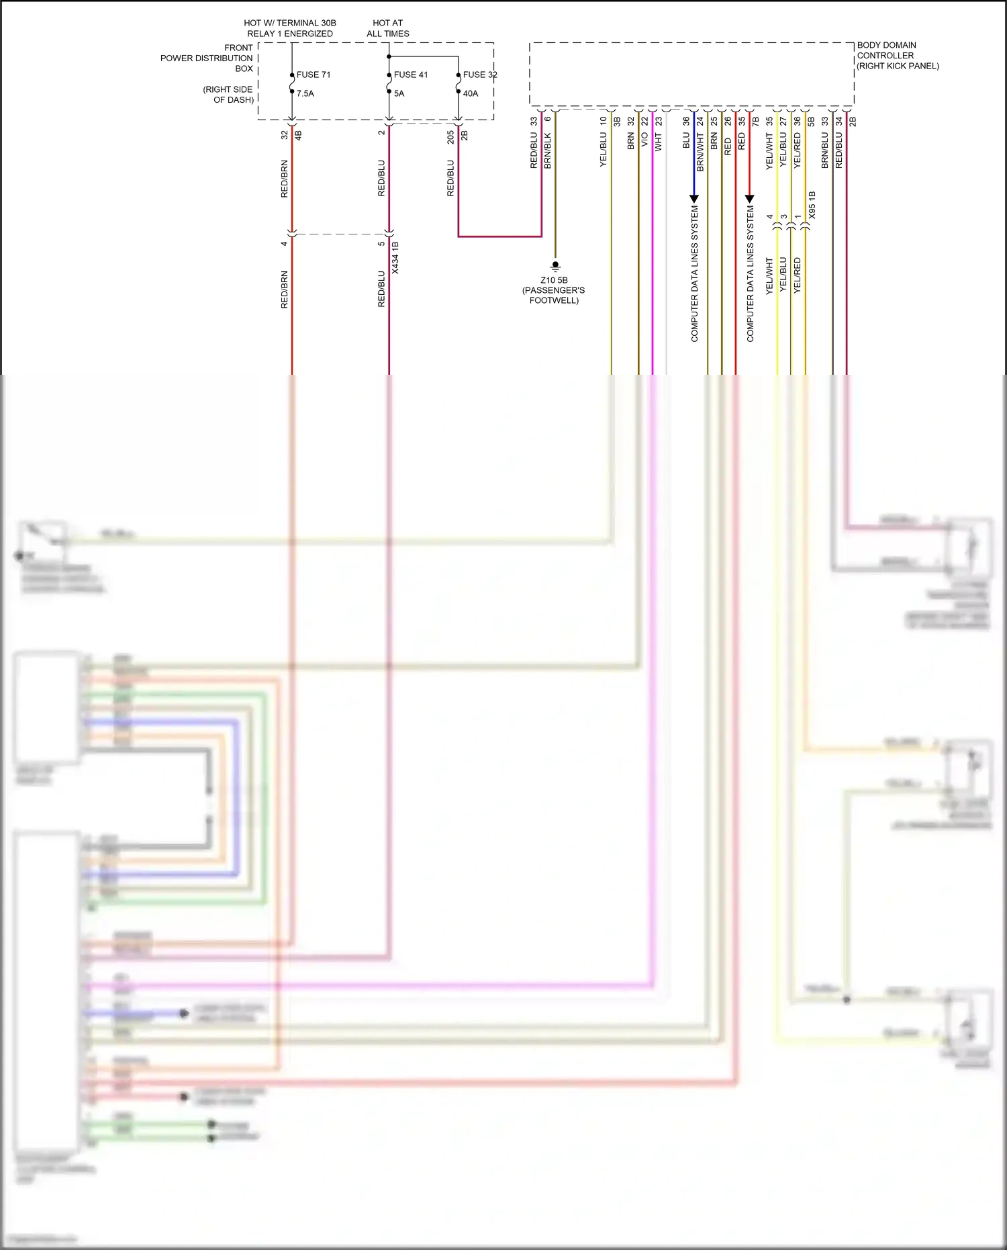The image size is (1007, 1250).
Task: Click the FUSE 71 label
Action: coord(314,75)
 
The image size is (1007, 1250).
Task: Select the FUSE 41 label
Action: coord(411,75)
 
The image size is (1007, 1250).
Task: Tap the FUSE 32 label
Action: coord(480,75)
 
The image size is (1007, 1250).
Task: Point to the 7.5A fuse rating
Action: coord(305,93)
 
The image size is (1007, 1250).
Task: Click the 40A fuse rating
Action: coord(471,93)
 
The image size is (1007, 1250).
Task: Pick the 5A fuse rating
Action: coord(399,93)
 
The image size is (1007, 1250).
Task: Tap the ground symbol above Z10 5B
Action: coord(555,266)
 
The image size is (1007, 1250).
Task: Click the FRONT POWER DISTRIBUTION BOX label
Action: coord(207,58)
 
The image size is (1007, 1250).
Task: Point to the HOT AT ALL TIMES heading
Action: coord(388,28)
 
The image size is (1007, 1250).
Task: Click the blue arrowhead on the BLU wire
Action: coord(694,199)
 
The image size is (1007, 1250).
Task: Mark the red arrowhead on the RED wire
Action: coord(750,199)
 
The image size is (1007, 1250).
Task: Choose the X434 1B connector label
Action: coord(395,258)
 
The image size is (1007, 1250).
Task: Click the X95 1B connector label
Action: coord(812,205)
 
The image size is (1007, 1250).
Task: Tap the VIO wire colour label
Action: coord(644,140)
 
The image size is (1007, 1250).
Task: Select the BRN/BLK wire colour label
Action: coord(548,150)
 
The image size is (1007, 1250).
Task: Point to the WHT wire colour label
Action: coord(659,142)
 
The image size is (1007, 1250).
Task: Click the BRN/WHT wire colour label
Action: coord(700,152)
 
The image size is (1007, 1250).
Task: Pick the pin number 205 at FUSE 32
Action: coord(451,137)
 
